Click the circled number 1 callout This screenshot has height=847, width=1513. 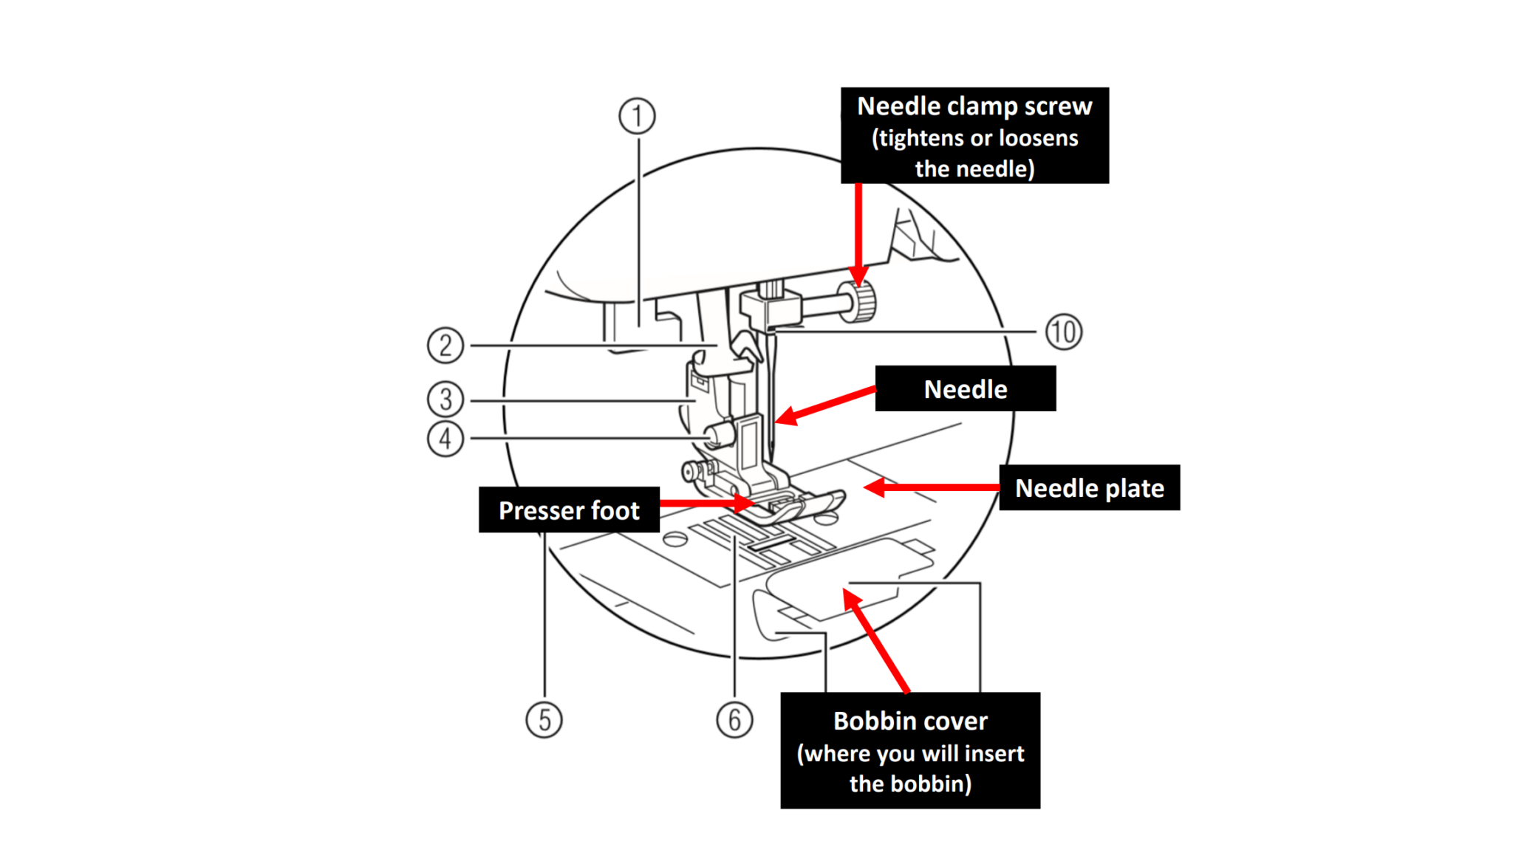636,116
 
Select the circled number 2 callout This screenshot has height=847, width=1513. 445,345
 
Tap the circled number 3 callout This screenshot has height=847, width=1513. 445,400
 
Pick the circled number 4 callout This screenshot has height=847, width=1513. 445,439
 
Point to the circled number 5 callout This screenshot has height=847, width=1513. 544,720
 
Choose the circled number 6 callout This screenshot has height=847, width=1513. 734,720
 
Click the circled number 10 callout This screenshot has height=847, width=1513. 1064,332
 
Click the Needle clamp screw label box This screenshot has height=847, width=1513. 974,136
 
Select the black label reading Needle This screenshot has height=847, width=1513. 966,389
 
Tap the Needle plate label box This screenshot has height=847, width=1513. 1089,488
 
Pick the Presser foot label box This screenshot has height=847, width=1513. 569,510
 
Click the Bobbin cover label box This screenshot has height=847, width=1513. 910,751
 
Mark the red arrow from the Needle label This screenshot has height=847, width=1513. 824,404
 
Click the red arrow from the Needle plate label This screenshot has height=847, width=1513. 931,487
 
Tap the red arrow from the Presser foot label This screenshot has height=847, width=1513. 706,504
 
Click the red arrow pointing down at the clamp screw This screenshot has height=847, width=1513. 858,233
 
